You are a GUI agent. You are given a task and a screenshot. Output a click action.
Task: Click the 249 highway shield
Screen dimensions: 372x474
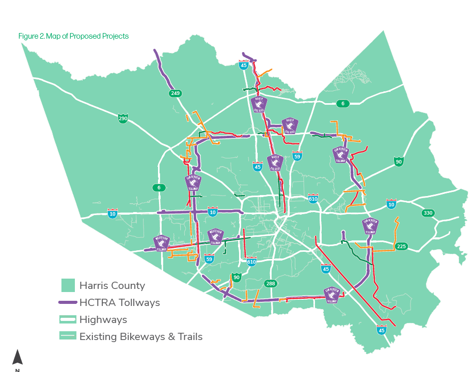[x=175, y=93]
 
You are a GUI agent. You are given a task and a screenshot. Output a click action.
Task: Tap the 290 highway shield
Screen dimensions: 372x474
[x=123, y=119]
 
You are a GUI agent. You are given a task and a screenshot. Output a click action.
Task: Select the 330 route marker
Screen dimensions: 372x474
[x=428, y=213]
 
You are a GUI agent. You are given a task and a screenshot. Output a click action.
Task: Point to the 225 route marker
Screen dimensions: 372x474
[x=402, y=247]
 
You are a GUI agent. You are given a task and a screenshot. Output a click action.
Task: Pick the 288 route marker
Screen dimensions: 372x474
[x=271, y=284]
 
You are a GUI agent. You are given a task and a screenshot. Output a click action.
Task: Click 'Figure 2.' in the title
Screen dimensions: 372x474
[x=31, y=36]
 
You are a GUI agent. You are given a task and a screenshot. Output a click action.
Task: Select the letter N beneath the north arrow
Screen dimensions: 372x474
[x=18, y=370]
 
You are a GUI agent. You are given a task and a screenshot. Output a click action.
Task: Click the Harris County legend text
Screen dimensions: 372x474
[x=112, y=285]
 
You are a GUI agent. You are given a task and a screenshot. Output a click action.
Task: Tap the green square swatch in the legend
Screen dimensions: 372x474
[x=68, y=285]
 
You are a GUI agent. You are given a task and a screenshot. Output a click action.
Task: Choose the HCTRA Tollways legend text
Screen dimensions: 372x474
[x=119, y=302]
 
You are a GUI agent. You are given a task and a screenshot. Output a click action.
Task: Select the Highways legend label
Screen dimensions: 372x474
[x=103, y=319]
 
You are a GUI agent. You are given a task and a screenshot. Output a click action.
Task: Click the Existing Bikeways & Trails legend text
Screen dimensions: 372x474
[x=140, y=336]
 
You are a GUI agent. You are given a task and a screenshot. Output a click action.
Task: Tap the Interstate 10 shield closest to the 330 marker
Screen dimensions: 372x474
[x=391, y=205]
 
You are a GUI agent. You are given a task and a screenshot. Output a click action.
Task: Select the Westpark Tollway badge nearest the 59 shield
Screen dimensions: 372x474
[x=216, y=236]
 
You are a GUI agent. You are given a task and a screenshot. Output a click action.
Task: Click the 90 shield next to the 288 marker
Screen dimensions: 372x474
[x=236, y=278]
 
